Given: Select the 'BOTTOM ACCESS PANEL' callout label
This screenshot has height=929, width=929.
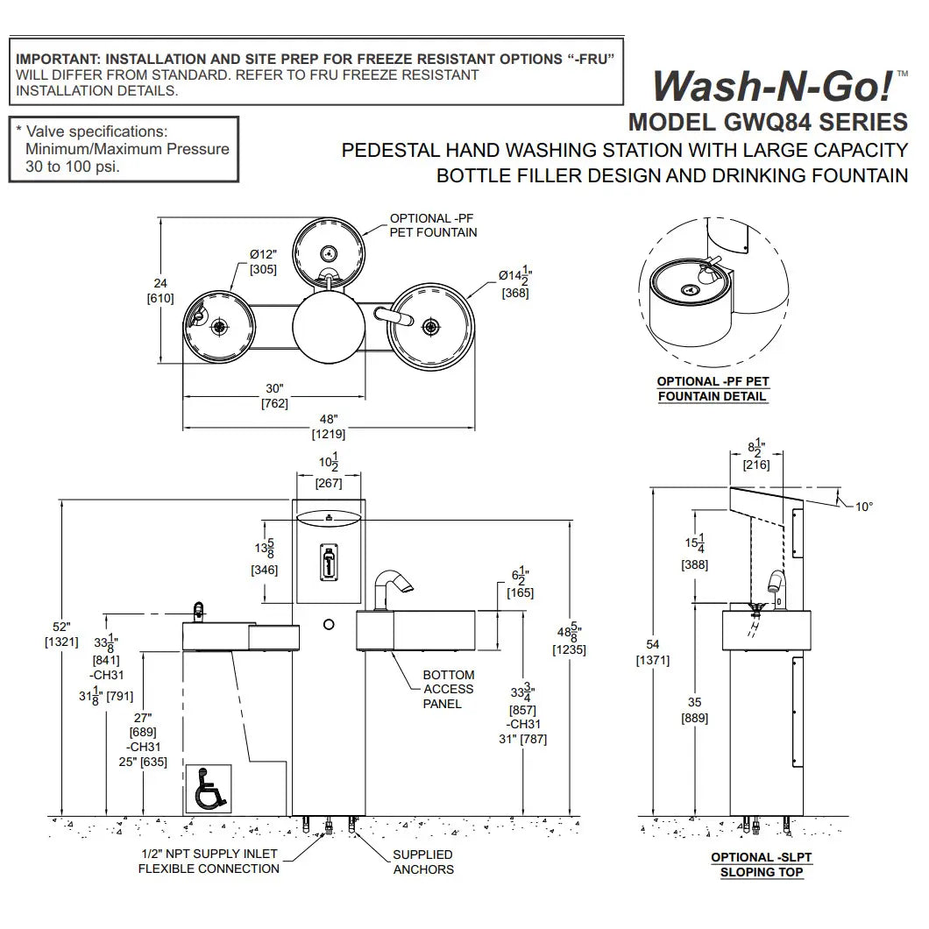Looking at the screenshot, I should (448, 689).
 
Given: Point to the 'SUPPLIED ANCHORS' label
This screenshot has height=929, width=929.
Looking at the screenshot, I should (423, 862).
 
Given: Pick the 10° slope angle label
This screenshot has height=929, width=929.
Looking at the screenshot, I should (865, 507).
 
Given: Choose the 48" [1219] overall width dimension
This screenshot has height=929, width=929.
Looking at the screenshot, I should (329, 426).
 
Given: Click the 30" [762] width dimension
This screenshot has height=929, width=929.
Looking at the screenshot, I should (275, 396).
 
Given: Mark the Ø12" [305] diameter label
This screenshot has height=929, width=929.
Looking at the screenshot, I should (261, 262).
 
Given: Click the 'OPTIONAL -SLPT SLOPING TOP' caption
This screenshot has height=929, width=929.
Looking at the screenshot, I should (756, 864).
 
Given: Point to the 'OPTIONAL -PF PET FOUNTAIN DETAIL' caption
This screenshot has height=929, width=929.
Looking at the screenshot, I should (713, 388).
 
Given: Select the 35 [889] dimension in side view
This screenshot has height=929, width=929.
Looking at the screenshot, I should (695, 710).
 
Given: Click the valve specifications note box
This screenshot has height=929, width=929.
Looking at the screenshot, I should (123, 149).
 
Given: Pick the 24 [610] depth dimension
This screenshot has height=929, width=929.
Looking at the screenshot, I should (160, 291).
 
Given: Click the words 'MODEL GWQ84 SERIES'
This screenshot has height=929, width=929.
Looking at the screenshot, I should (768, 121).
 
